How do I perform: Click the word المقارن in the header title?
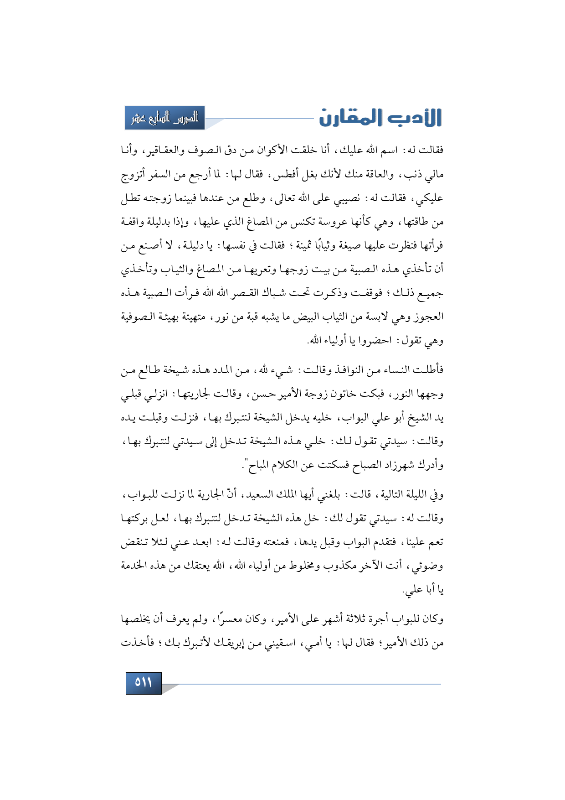point(350,118)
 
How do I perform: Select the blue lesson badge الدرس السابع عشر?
point(164,118)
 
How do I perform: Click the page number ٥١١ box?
point(144,683)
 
